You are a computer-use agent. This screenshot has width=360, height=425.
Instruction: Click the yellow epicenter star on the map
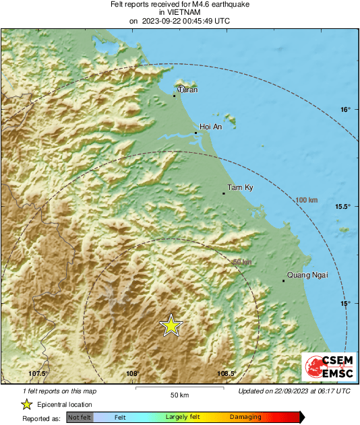171,325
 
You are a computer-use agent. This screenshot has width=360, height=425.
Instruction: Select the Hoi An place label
212,127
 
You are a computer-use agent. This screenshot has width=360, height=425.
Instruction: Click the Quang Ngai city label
303,274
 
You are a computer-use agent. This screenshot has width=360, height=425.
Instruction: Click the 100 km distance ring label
307,200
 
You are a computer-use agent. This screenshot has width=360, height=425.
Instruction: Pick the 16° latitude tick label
345,109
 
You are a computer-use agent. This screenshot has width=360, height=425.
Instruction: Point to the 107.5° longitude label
39,373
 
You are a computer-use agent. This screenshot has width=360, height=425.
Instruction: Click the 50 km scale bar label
179,395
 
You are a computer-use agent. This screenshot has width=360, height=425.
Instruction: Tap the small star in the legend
26,405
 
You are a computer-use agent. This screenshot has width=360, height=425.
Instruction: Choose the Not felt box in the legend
80,418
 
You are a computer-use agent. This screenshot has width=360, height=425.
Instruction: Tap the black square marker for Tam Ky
224,193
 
